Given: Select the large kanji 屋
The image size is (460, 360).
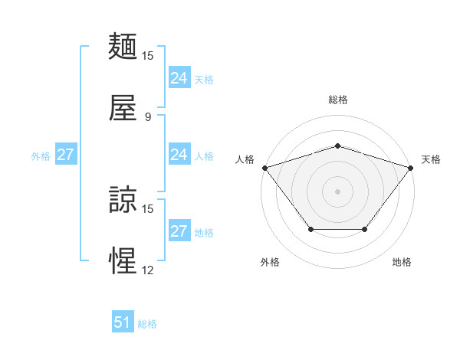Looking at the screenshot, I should pos(123,109).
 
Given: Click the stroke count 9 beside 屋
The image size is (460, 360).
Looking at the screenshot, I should pos(148,117).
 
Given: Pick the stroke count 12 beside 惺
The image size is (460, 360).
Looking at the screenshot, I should pos(148,270).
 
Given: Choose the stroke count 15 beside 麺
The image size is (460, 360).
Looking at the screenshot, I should pos(148,56).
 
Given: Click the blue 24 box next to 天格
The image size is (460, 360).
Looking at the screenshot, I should pos(179,78).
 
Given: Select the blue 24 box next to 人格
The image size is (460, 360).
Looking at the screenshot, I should pos(179,155).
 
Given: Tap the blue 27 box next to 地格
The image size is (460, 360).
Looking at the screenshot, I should pos(179,231).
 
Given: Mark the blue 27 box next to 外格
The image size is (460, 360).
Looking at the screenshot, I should pos(65,155).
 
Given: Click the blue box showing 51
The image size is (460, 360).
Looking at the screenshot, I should pos(123,322).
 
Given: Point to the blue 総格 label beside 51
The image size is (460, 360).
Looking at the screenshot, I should pos(147,324).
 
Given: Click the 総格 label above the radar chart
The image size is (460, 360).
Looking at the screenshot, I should pos(337,100).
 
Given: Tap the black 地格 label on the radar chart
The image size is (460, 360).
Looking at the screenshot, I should pos(402,263).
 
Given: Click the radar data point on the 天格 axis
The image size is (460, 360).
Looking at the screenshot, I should pos(410,167).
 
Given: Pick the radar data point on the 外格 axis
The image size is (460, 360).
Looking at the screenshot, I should pos(310,229).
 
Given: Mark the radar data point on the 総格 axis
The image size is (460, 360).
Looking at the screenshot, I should pos(337,146).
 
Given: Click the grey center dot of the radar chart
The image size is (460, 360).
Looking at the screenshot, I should pos(337,191).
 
